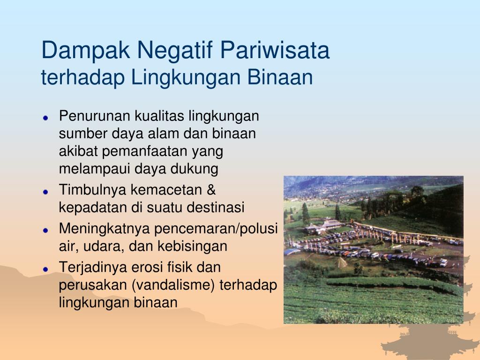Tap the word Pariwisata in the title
275,50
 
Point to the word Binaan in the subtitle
280,77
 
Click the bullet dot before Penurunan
45,118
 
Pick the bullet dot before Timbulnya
45,192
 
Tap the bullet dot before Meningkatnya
45,230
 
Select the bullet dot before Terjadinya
45,269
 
